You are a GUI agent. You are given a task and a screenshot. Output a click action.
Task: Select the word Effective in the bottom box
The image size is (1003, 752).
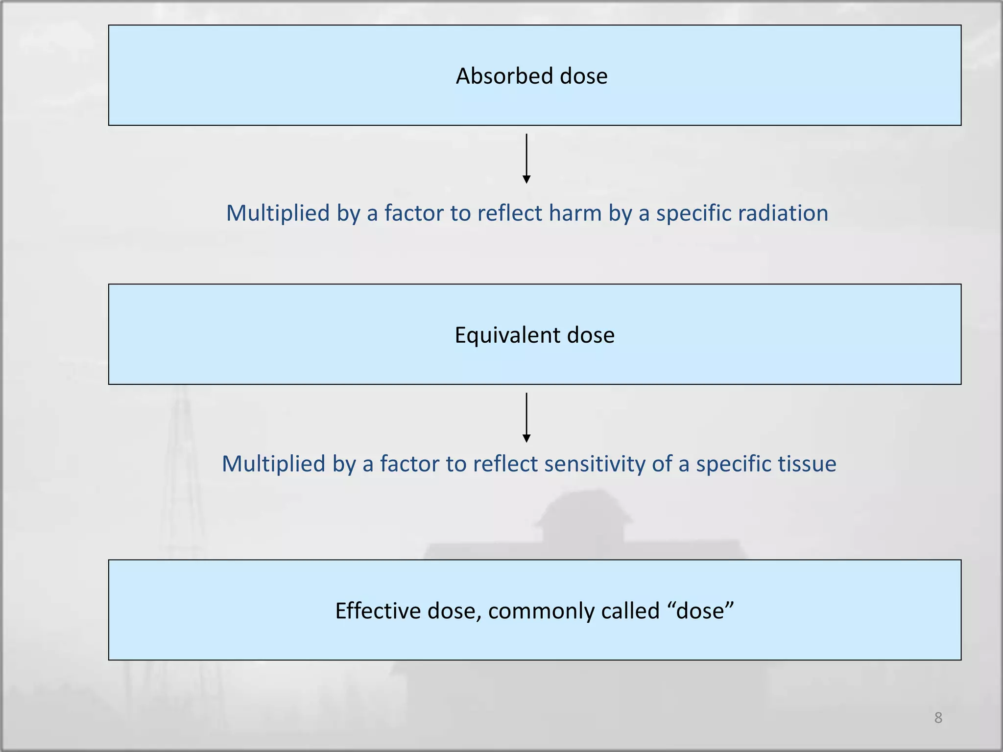pos(377,611)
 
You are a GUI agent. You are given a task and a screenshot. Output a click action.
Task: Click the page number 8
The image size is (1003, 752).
pos(938,718)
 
